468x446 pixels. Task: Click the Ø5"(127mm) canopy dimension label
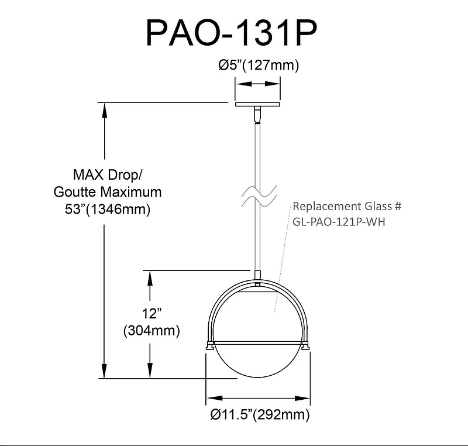[258, 66]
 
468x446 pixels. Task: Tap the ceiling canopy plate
[258, 105]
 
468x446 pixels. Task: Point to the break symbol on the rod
[258, 194]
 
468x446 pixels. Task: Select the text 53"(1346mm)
[107, 209]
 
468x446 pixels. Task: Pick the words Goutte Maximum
[107, 191]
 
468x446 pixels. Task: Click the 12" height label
[150, 313]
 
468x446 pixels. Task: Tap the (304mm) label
[151, 330]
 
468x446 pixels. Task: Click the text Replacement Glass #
[347, 207]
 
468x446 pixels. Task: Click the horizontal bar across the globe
[258, 341]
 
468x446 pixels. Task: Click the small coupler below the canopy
[258, 115]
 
